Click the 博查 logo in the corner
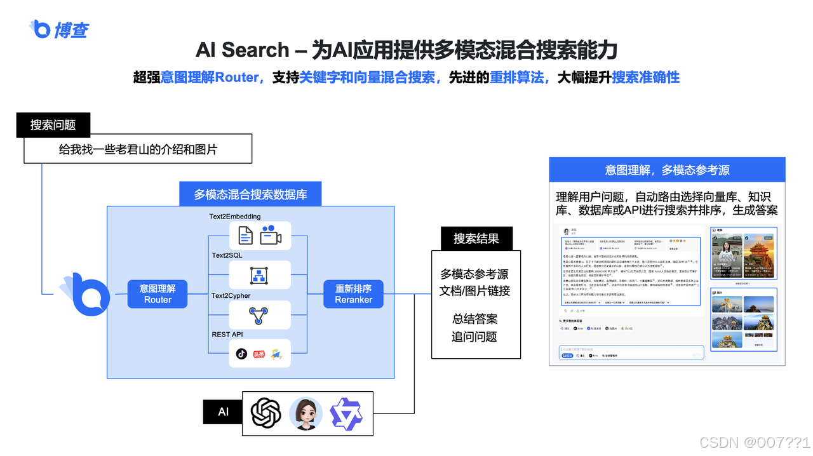58,29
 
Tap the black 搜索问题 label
53,125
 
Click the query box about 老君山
138,150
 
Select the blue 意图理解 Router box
158,294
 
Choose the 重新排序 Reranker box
353,294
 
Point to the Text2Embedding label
235,217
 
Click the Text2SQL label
227,255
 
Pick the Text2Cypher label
231,295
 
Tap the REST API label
227,334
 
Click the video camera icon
270,236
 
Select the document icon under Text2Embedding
245,236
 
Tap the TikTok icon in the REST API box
241,354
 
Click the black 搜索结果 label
476,239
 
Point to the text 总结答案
475,319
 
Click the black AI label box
223,412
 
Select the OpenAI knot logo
266,413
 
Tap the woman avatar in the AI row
306,413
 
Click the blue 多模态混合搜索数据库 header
250,194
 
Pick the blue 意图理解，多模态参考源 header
667,170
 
